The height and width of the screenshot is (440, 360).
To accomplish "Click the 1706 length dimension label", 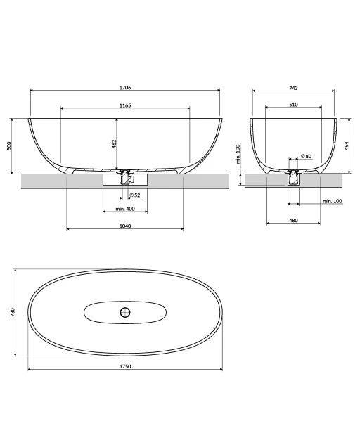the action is [125, 88].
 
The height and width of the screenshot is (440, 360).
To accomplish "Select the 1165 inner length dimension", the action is [125, 105].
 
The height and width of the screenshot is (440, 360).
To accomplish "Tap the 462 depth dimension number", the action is [115, 144].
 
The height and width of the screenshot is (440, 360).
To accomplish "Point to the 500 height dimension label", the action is [9, 146].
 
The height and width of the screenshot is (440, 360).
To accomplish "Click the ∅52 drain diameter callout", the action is [135, 195].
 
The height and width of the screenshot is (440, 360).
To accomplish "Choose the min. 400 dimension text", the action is [125, 209].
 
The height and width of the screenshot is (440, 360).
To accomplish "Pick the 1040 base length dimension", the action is [125, 226].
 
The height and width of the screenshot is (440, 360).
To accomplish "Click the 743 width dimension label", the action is [293, 88].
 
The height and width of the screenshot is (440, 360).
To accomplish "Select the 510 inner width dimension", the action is [293, 105].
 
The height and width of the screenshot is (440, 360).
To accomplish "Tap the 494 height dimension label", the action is [347, 145].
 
